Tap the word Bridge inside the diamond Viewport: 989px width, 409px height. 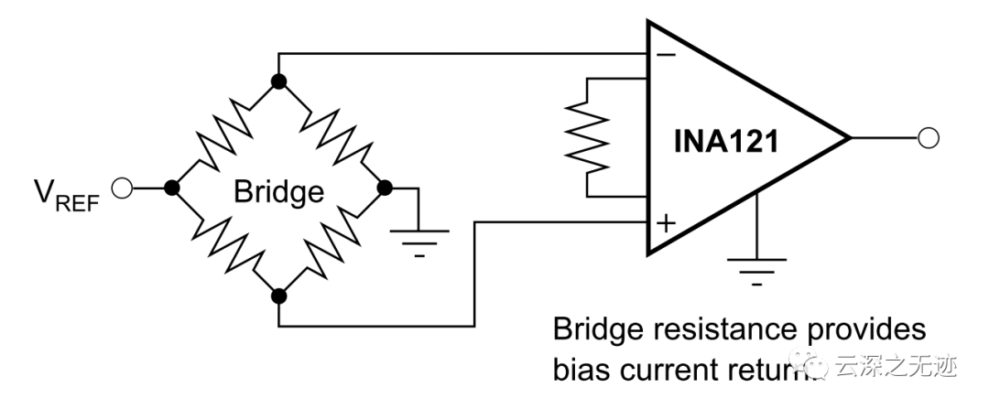tap(278, 192)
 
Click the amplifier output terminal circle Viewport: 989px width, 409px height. tap(929, 138)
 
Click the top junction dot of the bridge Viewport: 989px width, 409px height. tap(279, 81)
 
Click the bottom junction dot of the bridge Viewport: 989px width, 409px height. tap(279, 295)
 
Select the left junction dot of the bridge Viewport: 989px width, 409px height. tap(171, 188)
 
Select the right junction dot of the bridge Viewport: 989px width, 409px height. tap(386, 188)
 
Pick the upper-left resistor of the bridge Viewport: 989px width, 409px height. tap(225, 135)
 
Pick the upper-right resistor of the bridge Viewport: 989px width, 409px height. tap(332, 135)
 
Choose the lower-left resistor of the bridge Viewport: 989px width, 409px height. tap(225, 242)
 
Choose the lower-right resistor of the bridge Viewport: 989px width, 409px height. tap(332, 242)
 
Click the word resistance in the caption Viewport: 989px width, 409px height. tap(721, 330)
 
